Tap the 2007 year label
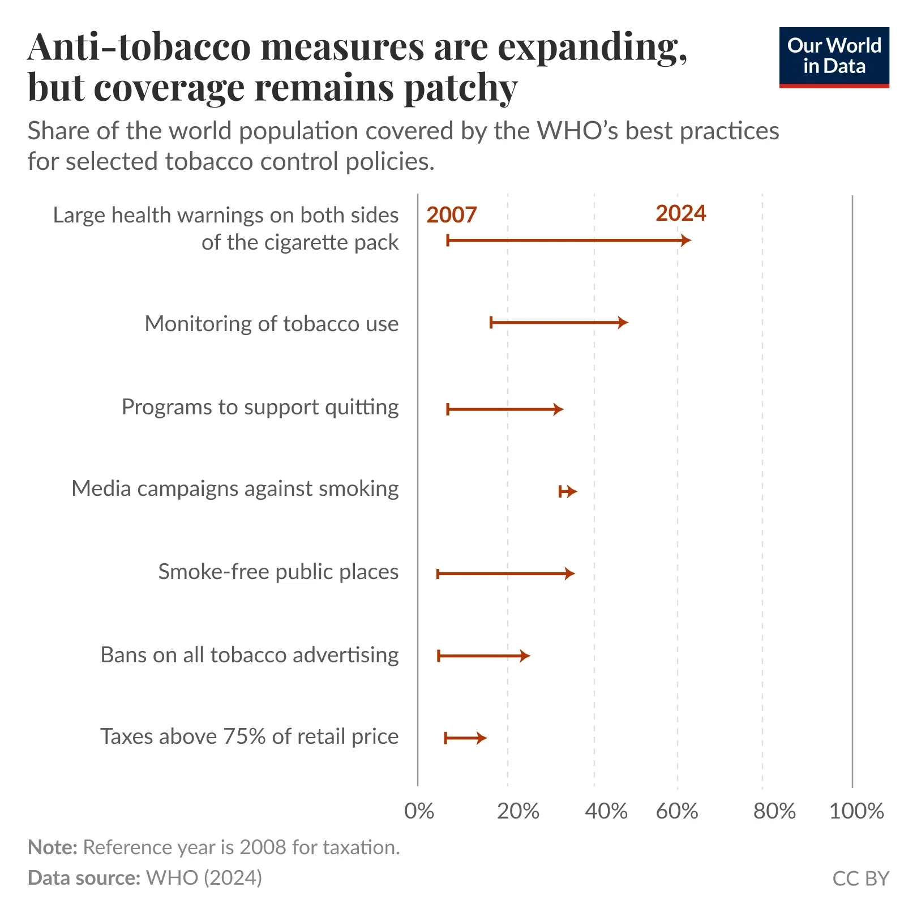click(451, 215)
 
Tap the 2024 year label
click(680, 213)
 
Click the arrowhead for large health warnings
click(685, 241)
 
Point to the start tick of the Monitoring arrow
click(491, 323)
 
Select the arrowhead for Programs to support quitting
click(558, 409)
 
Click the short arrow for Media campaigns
click(567, 491)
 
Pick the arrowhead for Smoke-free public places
click(569, 574)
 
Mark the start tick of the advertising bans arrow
click(439, 656)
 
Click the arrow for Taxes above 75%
click(465, 738)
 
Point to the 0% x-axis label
click(419, 811)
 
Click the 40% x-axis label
click(606, 811)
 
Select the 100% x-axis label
click(856, 811)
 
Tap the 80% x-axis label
click(774, 811)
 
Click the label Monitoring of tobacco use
click(272, 324)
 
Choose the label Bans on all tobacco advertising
click(250, 655)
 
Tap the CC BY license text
click(860, 878)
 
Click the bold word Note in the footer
click(52, 847)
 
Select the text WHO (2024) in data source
click(204, 877)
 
